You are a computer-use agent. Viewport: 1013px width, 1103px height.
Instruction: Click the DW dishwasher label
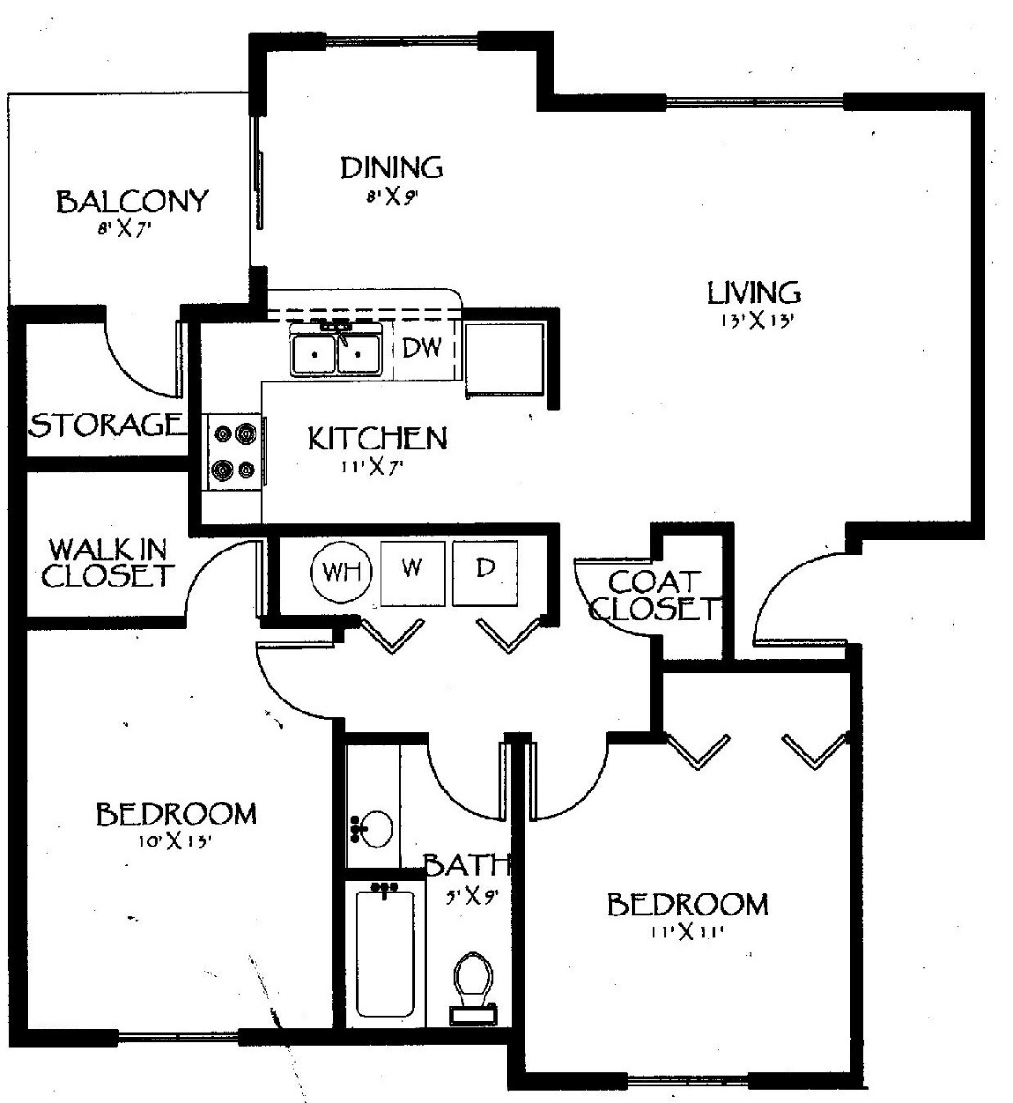(422, 347)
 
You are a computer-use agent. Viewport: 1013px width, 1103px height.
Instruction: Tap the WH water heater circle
(342, 572)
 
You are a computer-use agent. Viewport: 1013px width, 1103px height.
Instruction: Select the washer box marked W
(413, 574)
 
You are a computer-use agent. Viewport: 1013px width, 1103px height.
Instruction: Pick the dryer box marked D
(484, 574)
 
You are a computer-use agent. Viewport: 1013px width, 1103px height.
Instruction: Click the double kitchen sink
(336, 350)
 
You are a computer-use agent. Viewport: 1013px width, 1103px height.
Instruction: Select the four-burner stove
(233, 452)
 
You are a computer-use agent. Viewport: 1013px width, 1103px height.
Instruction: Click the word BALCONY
(132, 202)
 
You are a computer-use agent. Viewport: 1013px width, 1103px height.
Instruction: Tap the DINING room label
(392, 168)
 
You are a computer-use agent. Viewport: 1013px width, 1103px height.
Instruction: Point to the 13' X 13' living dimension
(758, 321)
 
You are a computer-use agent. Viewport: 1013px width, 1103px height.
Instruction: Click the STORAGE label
(106, 425)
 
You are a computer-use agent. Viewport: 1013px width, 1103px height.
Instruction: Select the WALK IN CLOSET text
(107, 563)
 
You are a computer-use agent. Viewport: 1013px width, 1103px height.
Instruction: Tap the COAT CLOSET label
(656, 596)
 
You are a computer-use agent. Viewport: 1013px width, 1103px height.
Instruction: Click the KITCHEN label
(377, 438)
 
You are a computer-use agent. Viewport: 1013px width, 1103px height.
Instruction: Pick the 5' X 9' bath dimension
(472, 897)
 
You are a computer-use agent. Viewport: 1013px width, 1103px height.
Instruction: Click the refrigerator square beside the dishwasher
(505, 358)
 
